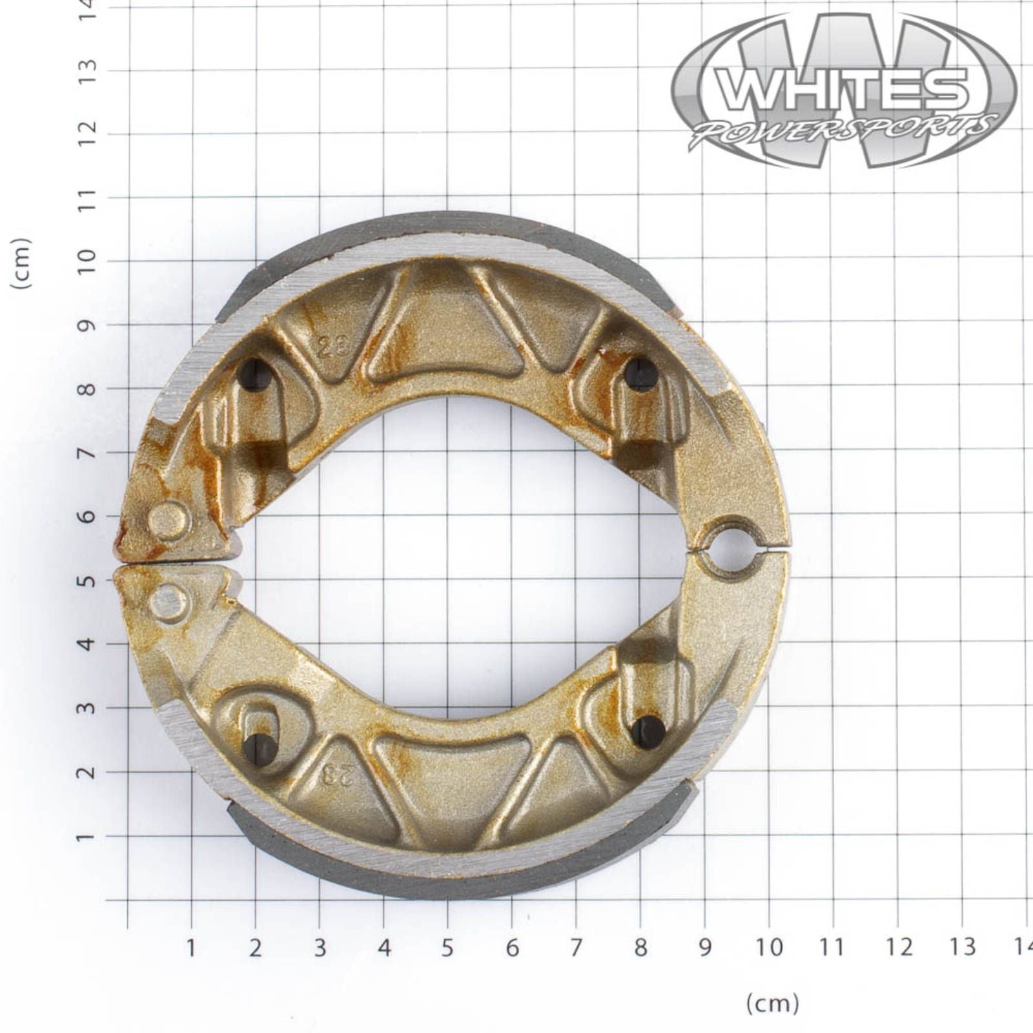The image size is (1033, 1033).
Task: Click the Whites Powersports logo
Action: pos(844,90)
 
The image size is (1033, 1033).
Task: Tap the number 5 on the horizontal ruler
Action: pos(447,948)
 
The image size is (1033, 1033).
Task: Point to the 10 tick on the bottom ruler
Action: pos(768,948)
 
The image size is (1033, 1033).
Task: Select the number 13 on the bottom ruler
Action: pos(962,948)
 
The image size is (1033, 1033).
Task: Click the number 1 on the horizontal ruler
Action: pos(191,948)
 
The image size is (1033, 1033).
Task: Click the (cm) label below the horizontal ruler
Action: pos(772,1003)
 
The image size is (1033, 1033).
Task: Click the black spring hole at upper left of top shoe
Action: pos(253,374)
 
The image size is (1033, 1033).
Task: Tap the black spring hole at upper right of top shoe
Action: pos(642,374)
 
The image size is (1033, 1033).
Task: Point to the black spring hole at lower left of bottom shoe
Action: pos(261,747)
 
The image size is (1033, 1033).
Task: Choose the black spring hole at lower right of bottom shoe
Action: pos(648,732)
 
